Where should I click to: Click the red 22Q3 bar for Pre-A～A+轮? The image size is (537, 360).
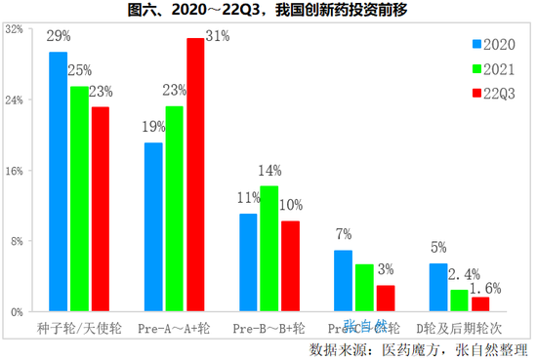(195, 175)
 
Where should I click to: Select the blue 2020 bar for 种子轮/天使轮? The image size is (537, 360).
(58, 181)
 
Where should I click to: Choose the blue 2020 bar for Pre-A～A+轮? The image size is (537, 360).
(153, 227)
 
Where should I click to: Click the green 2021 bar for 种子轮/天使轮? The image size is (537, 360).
(79, 199)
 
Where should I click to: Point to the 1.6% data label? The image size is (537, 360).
(485, 288)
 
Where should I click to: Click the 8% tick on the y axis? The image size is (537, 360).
(17, 241)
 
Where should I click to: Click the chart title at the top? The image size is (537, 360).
(268, 11)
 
